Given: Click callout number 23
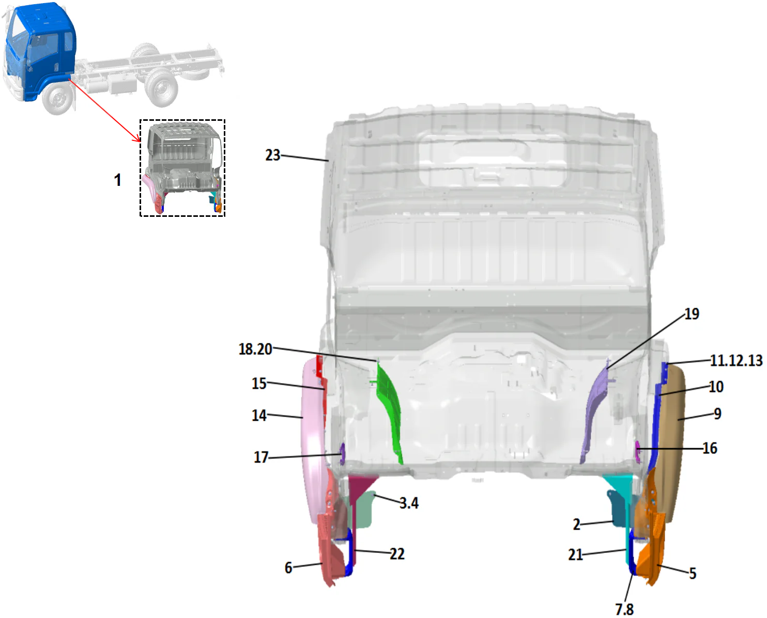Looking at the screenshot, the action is [273, 155].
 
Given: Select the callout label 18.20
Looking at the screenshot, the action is [255, 349].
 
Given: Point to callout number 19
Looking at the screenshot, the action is [692, 313].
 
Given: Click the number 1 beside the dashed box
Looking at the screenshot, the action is [118, 180].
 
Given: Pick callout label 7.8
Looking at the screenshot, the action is [624, 609].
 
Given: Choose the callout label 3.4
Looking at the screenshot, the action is [409, 503].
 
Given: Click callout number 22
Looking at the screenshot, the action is [397, 554].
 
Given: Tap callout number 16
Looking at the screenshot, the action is [710, 448].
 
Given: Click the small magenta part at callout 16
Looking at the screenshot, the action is [637, 452].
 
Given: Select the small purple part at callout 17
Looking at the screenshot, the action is [342, 454].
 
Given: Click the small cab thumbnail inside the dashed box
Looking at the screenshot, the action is [182, 167].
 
